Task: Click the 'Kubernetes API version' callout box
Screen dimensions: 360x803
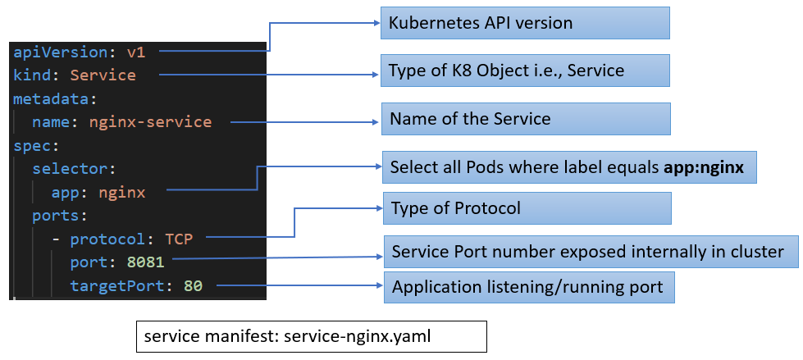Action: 524,23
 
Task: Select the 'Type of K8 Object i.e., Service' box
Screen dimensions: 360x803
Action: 524,71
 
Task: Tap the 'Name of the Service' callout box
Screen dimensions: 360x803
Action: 524,119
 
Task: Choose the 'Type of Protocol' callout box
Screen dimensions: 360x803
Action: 526,208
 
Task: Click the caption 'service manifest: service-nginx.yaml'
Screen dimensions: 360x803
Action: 312,337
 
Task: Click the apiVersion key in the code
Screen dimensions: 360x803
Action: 60,52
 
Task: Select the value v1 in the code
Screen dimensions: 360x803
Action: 135,52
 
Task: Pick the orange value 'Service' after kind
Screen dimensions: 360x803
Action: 103,75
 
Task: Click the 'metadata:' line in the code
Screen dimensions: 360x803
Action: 55,99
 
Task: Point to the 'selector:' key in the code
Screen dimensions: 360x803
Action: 70,170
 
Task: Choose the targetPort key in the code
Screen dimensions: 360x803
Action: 117,286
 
